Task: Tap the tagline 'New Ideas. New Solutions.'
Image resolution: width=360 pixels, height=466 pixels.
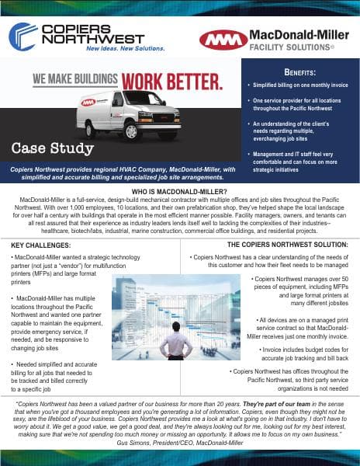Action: [115, 48]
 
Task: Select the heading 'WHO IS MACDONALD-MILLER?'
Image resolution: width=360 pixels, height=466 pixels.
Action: [179, 191]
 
